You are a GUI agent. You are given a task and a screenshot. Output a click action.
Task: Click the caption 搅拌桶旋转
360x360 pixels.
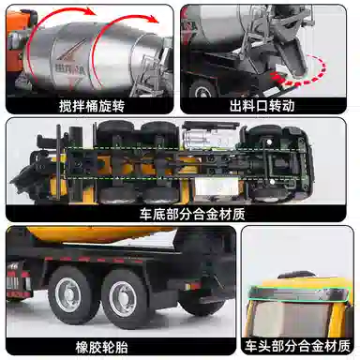pyautogui.click(x=92, y=106)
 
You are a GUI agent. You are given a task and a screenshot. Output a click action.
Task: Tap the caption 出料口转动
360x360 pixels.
pyautogui.click(x=262, y=106)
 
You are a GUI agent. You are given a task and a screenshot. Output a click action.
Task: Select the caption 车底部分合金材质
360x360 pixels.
pyautogui.click(x=192, y=215)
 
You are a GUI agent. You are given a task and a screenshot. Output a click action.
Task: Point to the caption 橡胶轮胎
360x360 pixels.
pyautogui.click(x=101, y=347)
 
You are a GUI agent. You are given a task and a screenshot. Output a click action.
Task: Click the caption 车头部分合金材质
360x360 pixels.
pyautogui.click(x=297, y=346)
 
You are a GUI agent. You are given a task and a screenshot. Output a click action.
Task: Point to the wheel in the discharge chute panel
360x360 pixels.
pyautogui.click(x=203, y=88)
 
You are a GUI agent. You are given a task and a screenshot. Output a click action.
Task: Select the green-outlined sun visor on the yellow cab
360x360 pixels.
pyautogui.click(x=298, y=293)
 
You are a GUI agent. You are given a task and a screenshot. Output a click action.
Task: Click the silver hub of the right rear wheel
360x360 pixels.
pyautogui.click(x=121, y=299)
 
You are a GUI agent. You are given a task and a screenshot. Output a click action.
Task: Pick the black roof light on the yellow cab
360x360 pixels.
pyautogui.click(x=297, y=274)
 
